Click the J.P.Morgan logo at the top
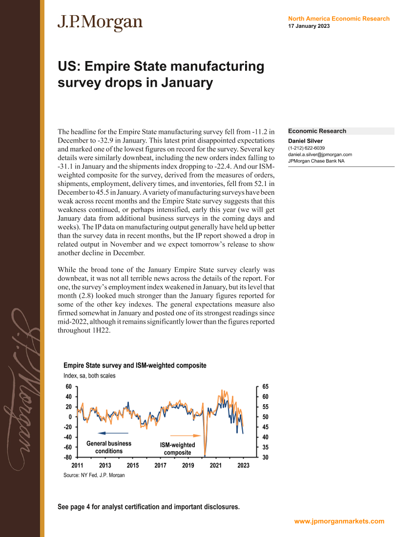pyautogui.click(x=100, y=22)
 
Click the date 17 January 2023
pyautogui.click(x=309, y=26)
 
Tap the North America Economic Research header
pyautogui.click(x=339, y=19)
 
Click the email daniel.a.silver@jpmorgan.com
pyautogui.click(x=320, y=154)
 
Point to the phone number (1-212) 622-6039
pyautogui.click(x=307, y=148)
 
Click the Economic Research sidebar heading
pyautogui.click(x=317, y=131)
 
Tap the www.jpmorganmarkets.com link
pyautogui.click(x=339, y=521)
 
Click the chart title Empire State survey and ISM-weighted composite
pyautogui.click(x=135, y=365)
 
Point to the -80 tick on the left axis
pyautogui.click(x=68, y=457)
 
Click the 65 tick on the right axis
pyautogui.click(x=265, y=386)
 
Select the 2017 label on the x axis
pyautogui.click(x=161, y=466)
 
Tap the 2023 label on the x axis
pyautogui.click(x=243, y=466)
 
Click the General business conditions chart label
pyautogui.click(x=109, y=447)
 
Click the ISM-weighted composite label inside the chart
pyautogui.click(x=177, y=449)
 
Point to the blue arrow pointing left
pyautogui.click(x=113, y=433)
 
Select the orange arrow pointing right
pyautogui.click(x=186, y=435)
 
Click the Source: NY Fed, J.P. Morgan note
pyautogui.click(x=94, y=475)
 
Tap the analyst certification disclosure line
pyautogui.click(x=148, y=507)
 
